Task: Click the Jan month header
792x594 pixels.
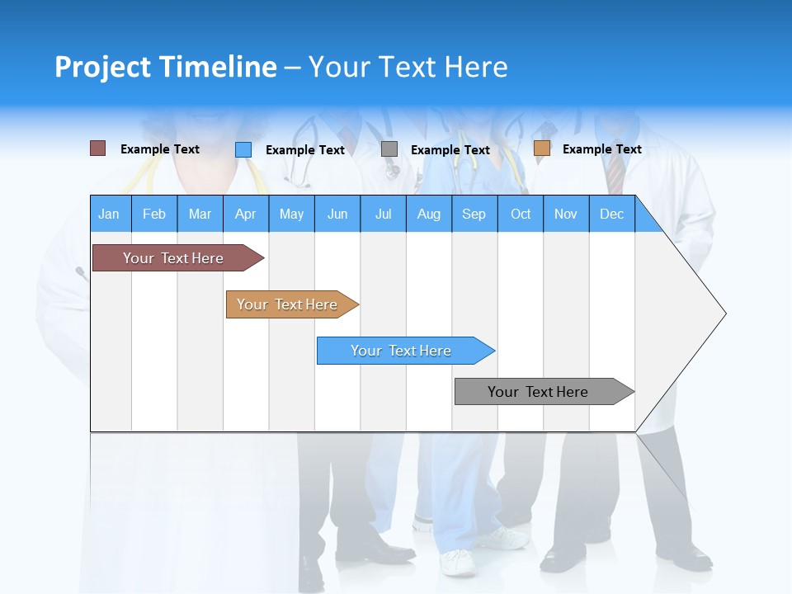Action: (x=110, y=214)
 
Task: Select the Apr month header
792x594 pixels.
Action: (x=246, y=214)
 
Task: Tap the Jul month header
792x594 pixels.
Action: (x=383, y=214)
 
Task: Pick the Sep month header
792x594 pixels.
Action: (x=474, y=214)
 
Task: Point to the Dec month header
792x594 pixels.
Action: (x=611, y=214)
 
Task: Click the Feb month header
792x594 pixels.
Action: (x=154, y=214)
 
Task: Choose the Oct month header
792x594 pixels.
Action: (x=521, y=214)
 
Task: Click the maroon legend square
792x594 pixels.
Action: (x=98, y=148)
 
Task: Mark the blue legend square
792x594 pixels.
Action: (x=243, y=149)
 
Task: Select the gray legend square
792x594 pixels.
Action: (x=389, y=149)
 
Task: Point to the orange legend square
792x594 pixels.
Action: (x=541, y=148)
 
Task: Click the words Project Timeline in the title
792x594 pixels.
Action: (x=166, y=67)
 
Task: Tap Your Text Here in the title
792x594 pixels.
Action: (x=408, y=67)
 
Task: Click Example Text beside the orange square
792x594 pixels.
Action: (x=601, y=149)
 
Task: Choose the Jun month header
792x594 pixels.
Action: (x=337, y=214)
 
